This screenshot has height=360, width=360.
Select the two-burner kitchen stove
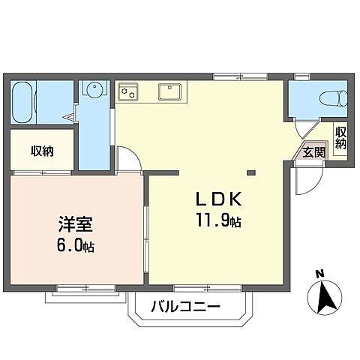127,92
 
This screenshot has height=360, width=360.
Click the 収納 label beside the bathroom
42,151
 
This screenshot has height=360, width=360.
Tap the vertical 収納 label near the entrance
341,138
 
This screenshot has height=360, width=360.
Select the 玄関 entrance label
313,151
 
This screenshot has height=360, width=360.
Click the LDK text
218,200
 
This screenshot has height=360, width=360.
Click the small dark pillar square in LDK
251,174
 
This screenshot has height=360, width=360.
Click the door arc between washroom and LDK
127,157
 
